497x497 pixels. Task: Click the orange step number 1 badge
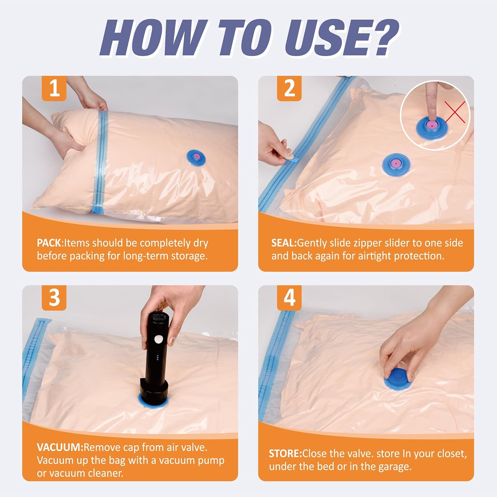click(54, 88)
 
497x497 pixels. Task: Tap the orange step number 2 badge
click(289, 88)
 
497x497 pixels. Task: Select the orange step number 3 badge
click(54, 298)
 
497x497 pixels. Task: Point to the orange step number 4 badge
click(289, 298)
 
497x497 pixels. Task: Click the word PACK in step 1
click(49, 243)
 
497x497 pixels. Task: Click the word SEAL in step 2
click(284, 243)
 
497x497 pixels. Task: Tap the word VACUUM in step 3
click(60, 447)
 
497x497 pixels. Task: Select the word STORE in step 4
click(285, 453)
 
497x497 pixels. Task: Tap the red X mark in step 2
click(455, 112)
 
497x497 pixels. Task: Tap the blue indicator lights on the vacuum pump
click(158, 358)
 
